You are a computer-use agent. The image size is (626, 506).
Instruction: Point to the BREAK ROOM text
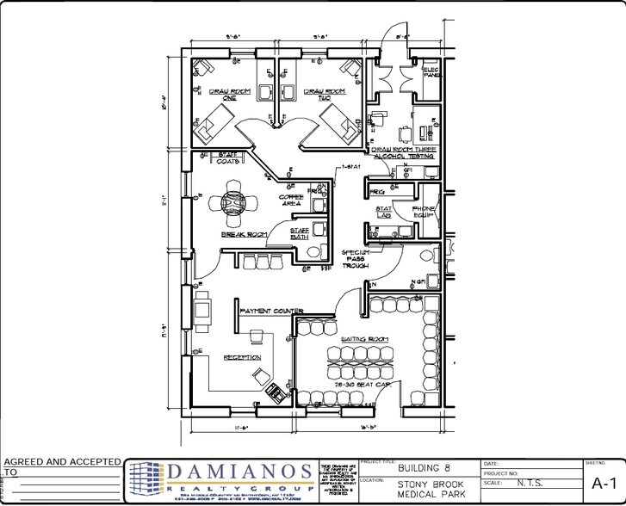244,234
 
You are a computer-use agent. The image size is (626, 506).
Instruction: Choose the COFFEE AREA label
290,201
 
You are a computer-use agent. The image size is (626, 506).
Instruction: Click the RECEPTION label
242,357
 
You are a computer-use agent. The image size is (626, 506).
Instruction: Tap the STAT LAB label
383,213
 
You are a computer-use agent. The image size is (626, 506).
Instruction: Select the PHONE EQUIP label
424,213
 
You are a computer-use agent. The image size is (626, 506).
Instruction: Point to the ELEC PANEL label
431,71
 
